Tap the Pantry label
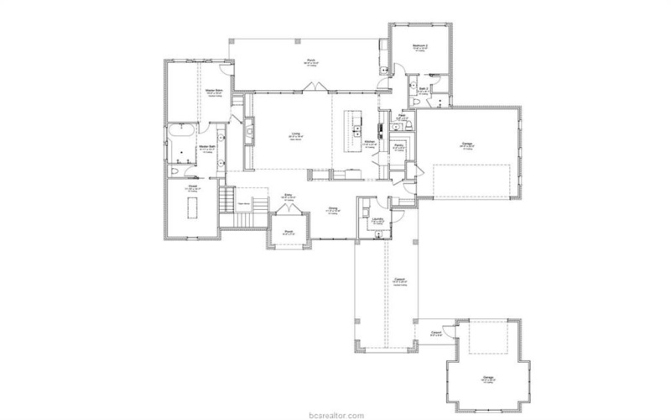(399, 145)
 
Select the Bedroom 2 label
(421, 46)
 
